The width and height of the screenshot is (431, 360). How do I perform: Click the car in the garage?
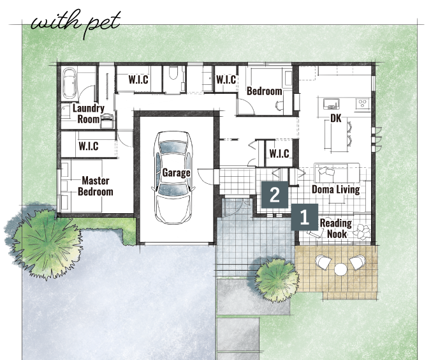pyautogui.click(x=173, y=177)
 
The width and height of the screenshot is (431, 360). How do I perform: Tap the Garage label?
pyautogui.click(x=176, y=173)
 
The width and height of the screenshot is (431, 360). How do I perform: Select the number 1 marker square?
pyautogui.click(x=305, y=217)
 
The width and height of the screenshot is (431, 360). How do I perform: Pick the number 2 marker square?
pyautogui.click(x=275, y=195)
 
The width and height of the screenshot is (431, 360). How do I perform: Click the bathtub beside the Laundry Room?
pyautogui.click(x=69, y=83)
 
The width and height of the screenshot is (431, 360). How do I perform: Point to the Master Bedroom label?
pyautogui.click(x=96, y=186)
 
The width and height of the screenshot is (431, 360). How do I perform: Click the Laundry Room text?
pyautogui.click(x=88, y=114)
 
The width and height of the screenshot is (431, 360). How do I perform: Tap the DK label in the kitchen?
pyautogui.click(x=335, y=118)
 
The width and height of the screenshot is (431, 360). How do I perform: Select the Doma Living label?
pyautogui.click(x=335, y=190)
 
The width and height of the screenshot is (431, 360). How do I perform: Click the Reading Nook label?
pyautogui.click(x=336, y=229)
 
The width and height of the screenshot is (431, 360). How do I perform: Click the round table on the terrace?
pyautogui.click(x=340, y=269)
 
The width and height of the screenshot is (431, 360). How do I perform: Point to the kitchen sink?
pyautogui.click(x=332, y=104)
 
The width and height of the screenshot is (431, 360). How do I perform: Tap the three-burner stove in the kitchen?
pyautogui.click(x=362, y=104)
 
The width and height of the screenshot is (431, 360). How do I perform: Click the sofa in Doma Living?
pyautogui.click(x=337, y=173)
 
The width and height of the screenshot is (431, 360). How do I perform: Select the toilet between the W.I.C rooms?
pyautogui.click(x=173, y=73)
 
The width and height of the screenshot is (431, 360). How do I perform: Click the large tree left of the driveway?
pyautogui.click(x=45, y=242)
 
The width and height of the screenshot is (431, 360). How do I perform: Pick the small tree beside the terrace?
pyautogui.click(x=277, y=278)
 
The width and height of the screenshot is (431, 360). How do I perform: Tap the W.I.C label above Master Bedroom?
pyautogui.click(x=89, y=146)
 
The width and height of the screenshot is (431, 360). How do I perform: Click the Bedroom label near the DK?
pyautogui.click(x=265, y=91)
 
